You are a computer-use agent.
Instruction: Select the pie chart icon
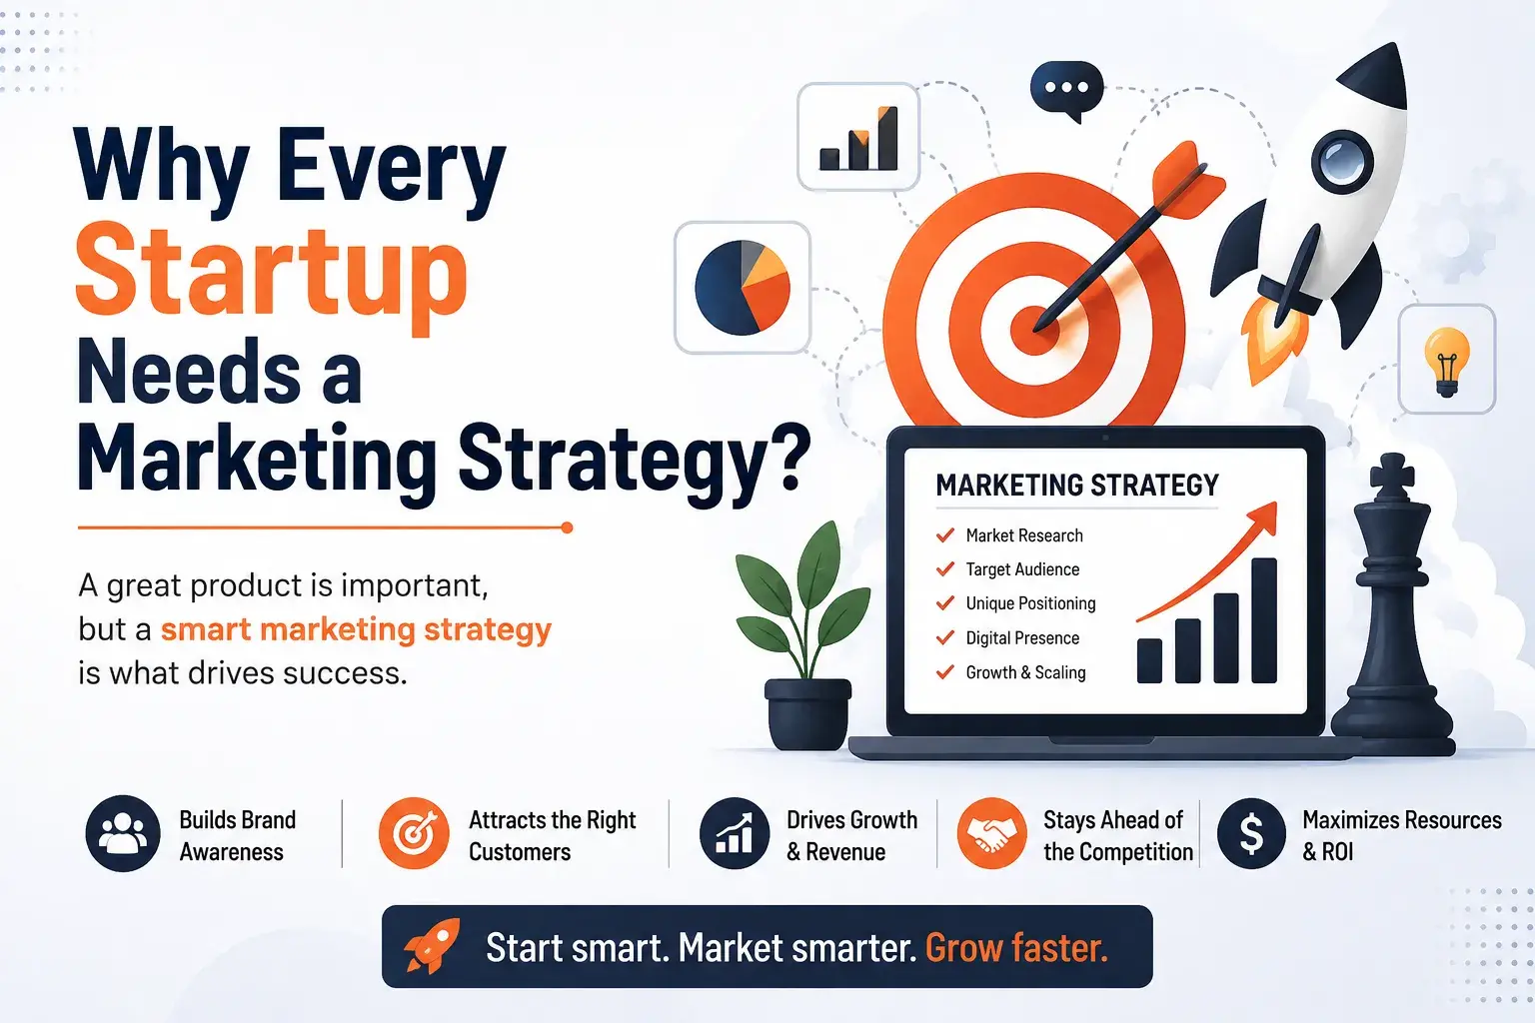(x=743, y=287)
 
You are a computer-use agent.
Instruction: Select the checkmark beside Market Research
(x=945, y=535)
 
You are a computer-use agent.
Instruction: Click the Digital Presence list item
(x=1022, y=638)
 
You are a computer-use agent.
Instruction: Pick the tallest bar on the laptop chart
(x=1264, y=620)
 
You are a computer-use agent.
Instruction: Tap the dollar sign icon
(x=1251, y=834)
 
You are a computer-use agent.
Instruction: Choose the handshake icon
(x=991, y=833)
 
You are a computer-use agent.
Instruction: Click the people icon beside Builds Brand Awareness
(x=123, y=833)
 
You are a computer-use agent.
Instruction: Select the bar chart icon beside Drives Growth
(x=734, y=833)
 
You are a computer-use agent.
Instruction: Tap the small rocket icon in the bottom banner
(x=432, y=945)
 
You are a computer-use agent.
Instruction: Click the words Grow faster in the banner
(x=1016, y=948)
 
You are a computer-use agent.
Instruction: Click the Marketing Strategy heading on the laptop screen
(x=1077, y=486)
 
